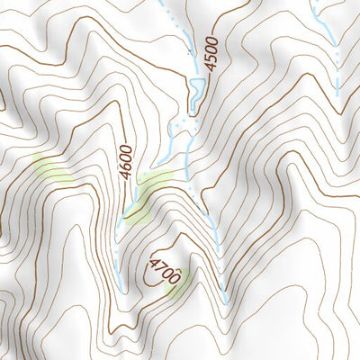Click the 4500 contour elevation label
click(x=211, y=52)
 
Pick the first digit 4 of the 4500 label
click(x=211, y=67)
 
